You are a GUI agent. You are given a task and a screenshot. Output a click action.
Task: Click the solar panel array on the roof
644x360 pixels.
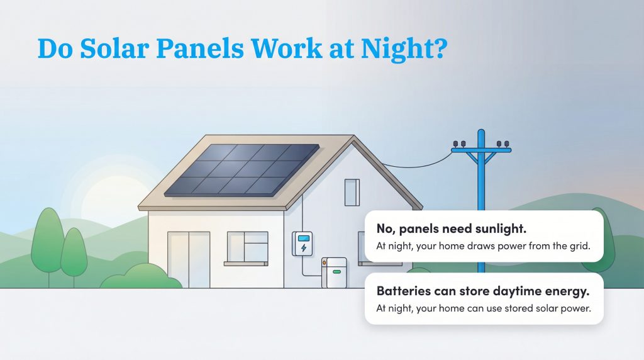[x=242, y=169]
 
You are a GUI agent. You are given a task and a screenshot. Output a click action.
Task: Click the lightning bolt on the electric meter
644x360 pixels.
[x=304, y=248]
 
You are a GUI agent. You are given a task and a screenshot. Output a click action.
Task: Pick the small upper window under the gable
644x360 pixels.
[x=352, y=193]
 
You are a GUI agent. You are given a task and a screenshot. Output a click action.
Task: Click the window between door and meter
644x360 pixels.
[x=247, y=247]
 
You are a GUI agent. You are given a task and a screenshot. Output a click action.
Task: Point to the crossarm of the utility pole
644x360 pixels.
[x=481, y=150]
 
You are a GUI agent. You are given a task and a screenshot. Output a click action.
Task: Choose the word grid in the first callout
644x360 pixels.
[x=580, y=246]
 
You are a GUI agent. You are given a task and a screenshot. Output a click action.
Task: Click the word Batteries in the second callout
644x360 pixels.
[x=402, y=291]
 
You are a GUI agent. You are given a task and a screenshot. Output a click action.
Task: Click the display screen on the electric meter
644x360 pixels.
[x=304, y=238]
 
